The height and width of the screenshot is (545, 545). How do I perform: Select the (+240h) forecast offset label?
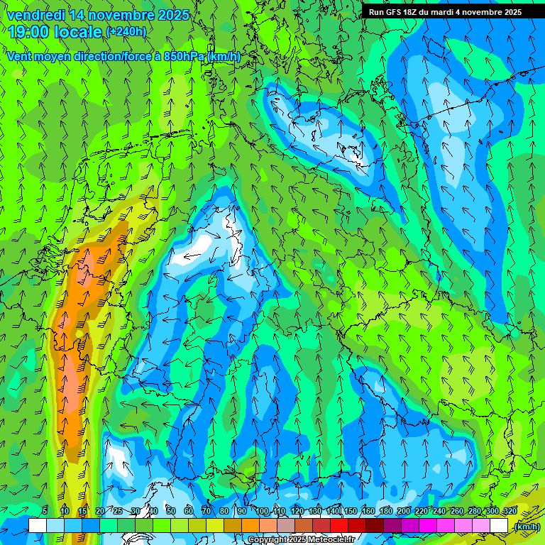(x=126, y=31)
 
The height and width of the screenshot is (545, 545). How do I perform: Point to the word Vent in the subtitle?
(x=20, y=56)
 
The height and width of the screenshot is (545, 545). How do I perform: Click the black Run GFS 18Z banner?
(x=445, y=11)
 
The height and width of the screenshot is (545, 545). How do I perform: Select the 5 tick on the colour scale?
(x=45, y=512)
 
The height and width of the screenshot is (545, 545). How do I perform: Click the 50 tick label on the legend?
(x=171, y=512)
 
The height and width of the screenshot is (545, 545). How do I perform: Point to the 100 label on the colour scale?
(x=262, y=512)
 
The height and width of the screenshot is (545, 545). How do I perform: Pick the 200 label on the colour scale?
(x=404, y=512)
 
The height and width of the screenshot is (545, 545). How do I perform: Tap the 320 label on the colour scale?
(x=510, y=512)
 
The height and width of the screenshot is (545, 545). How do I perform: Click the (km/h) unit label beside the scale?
(x=527, y=527)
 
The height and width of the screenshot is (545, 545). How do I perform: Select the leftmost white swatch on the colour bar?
(x=37, y=525)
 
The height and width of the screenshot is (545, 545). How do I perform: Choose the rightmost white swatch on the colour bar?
(x=499, y=525)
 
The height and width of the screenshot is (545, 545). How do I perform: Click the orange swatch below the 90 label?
(x=250, y=525)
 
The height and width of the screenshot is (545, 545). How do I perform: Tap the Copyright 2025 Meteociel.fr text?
(x=301, y=540)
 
